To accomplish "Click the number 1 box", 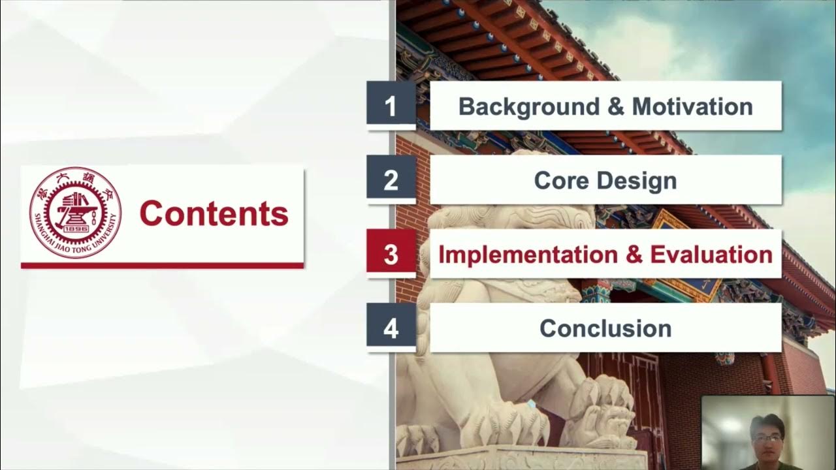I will [x=391, y=106].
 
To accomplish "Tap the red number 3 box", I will [x=391, y=254].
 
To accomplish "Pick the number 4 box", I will [x=391, y=328].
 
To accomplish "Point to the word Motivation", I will [x=692, y=106].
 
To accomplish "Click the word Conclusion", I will [x=605, y=328].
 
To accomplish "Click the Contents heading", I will [x=214, y=213].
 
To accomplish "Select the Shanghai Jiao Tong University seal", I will [x=75, y=212].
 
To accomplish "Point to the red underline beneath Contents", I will [x=162, y=266].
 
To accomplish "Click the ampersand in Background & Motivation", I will [x=615, y=106].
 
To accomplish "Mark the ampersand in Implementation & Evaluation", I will [x=634, y=255].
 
